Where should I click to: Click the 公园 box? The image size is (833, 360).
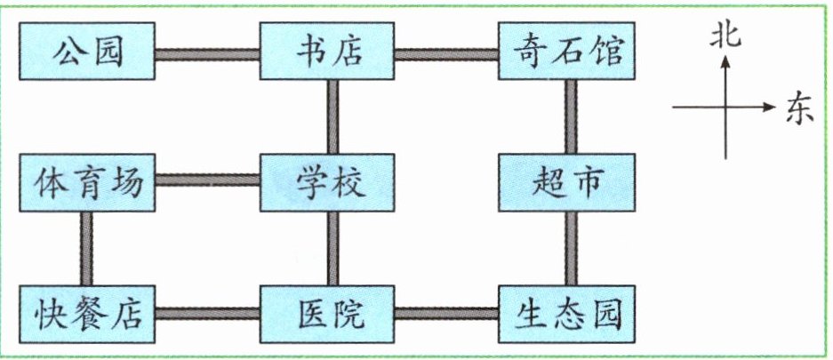[87, 51]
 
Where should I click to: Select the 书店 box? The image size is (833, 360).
[327, 51]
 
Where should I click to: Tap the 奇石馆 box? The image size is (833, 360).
[566, 51]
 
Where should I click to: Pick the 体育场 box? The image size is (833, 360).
[87, 182]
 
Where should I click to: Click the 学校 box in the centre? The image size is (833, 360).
[327, 182]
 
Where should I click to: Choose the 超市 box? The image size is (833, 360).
[566, 182]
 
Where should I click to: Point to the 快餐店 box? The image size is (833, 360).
[87, 315]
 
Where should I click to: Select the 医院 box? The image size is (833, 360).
[327, 315]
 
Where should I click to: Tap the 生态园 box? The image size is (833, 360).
[566, 315]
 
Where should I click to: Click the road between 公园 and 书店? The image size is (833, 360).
[207, 54]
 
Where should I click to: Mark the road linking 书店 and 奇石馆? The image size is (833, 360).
[446, 54]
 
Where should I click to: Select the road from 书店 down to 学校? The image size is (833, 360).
[333, 116]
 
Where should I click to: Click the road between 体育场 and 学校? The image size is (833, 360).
[207, 180]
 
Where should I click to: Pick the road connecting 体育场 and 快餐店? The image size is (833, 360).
[86, 249]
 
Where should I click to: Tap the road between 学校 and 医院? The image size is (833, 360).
[333, 249]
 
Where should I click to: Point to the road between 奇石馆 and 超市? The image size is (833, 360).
[571, 116]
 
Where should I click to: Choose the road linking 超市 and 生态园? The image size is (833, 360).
[571, 249]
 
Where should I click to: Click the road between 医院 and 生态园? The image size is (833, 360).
[446, 313]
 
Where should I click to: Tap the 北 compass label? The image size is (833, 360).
[725, 37]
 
